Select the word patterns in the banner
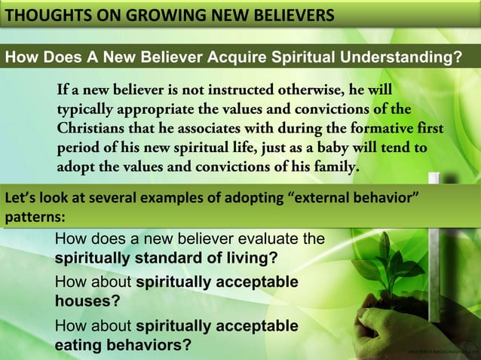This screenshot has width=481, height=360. tap(31, 215)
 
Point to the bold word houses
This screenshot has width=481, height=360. tap(81, 301)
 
